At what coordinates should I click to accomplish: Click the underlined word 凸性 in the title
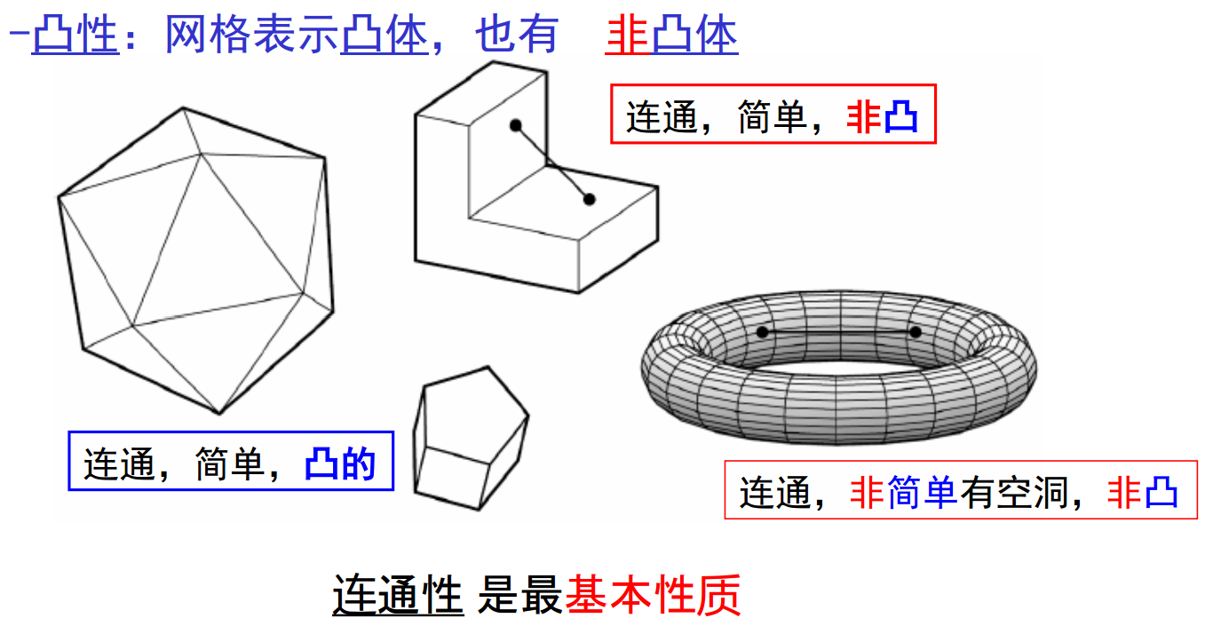tap(75, 36)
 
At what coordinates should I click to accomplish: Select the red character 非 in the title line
tap(628, 36)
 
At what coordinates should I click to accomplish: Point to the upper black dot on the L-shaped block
tap(515, 126)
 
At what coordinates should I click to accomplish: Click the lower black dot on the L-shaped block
tap(590, 200)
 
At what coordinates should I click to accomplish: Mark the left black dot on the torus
tap(762, 332)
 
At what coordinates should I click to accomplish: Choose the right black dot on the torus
tap(916, 332)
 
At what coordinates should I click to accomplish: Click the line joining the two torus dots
tap(838, 332)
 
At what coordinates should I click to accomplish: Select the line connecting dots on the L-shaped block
tap(552, 163)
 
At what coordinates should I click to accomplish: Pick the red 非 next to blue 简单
tap(868, 493)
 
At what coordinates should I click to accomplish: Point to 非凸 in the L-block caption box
tap(883, 117)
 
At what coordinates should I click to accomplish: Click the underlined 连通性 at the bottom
tap(398, 596)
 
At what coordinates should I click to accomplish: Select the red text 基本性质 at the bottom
tap(653, 596)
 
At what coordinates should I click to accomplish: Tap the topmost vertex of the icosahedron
tap(183, 108)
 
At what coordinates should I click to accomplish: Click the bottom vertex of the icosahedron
tap(219, 413)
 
